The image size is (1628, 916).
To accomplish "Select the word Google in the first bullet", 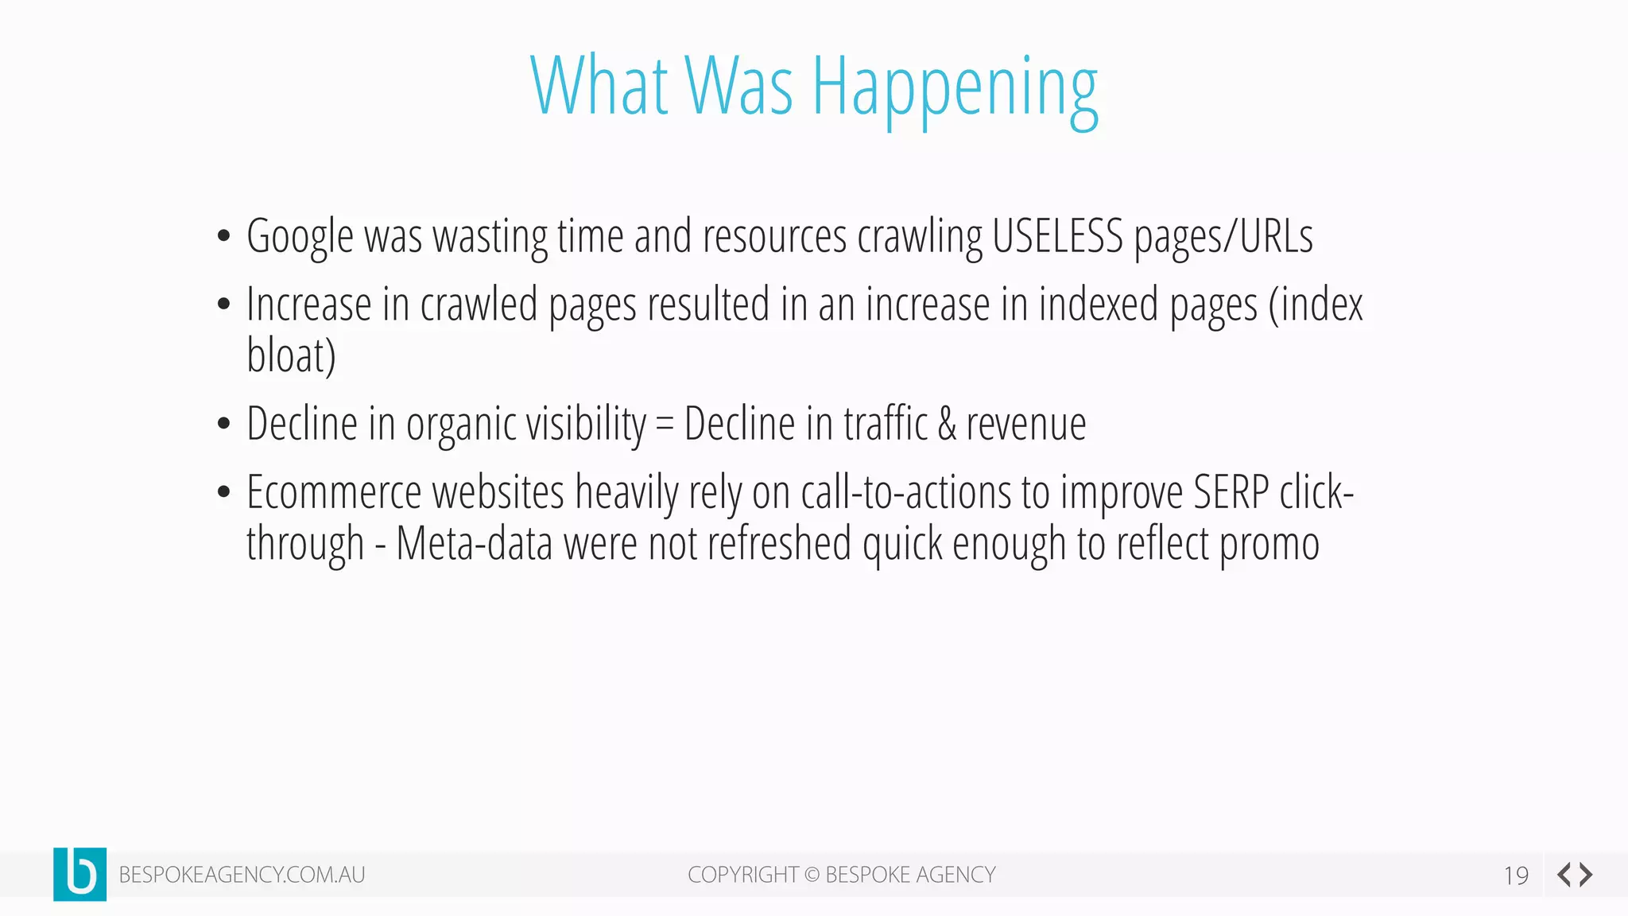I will [300, 237].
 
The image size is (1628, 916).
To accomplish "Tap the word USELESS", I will [1057, 236].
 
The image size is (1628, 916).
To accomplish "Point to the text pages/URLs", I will [1223, 237].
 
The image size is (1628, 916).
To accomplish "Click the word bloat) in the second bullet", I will [291, 355].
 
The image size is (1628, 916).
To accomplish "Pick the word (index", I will [1316, 305].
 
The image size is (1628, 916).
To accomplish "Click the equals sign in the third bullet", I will [665, 425].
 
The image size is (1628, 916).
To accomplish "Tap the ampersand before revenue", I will [946, 424].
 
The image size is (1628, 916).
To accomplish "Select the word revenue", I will [1026, 425].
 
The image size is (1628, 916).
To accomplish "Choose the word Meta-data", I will [474, 545].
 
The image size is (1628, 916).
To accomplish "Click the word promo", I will [1269, 545].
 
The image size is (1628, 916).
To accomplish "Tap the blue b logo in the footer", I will [79, 874].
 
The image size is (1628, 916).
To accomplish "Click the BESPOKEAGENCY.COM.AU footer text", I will [242, 875].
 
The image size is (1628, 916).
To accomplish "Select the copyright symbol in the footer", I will [812, 875].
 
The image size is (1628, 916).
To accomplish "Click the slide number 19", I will [1516, 875].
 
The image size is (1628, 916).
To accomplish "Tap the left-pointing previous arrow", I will [1564, 875].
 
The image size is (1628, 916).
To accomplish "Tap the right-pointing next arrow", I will [1587, 875].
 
